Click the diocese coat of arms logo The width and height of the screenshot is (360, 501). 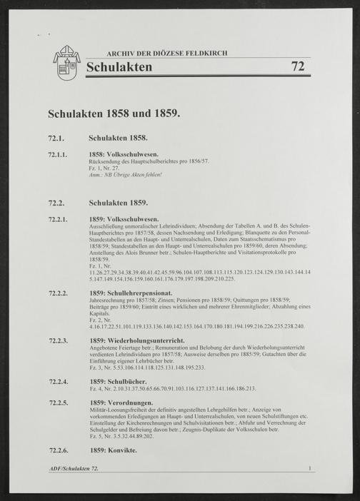[66, 64]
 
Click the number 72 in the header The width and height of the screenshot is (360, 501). [299, 68]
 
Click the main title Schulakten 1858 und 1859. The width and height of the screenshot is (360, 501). [115, 113]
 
